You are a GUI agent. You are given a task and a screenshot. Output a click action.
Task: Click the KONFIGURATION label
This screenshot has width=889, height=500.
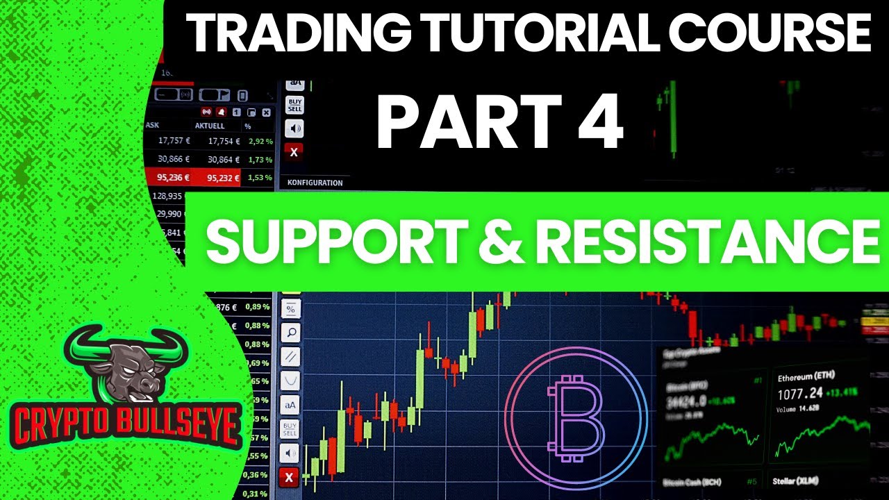coord(315,183)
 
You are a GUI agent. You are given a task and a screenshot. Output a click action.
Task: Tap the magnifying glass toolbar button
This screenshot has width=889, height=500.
coord(290,333)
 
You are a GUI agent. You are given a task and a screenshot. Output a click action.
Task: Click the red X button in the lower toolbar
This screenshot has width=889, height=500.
coord(289,477)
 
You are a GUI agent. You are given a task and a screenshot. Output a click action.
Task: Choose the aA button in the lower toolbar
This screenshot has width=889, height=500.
coord(290,404)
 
